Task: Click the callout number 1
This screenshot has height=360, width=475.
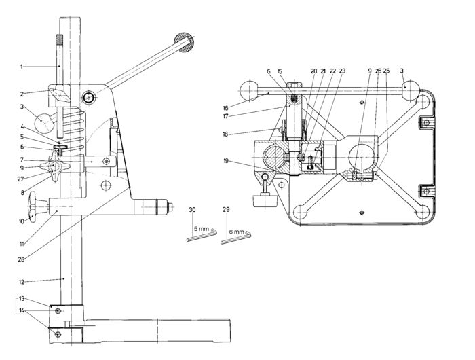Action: pyautogui.click(x=22, y=66)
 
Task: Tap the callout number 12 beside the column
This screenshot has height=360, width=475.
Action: pyautogui.click(x=22, y=281)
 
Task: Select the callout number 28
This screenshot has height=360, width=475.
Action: pyautogui.click(x=21, y=259)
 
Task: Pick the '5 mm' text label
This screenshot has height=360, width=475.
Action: pyautogui.click(x=202, y=230)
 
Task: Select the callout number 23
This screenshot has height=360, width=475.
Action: pyautogui.click(x=342, y=71)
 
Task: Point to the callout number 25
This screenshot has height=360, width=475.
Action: pyautogui.click(x=385, y=71)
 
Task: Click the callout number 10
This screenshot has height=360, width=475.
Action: pyautogui.click(x=22, y=221)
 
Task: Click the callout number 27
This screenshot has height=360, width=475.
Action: pyautogui.click(x=22, y=179)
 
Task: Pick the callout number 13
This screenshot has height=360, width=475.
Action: pyautogui.click(x=22, y=298)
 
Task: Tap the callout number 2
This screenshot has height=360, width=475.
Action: pyautogui.click(x=22, y=94)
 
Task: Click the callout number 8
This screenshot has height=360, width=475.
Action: pyautogui.click(x=22, y=192)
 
